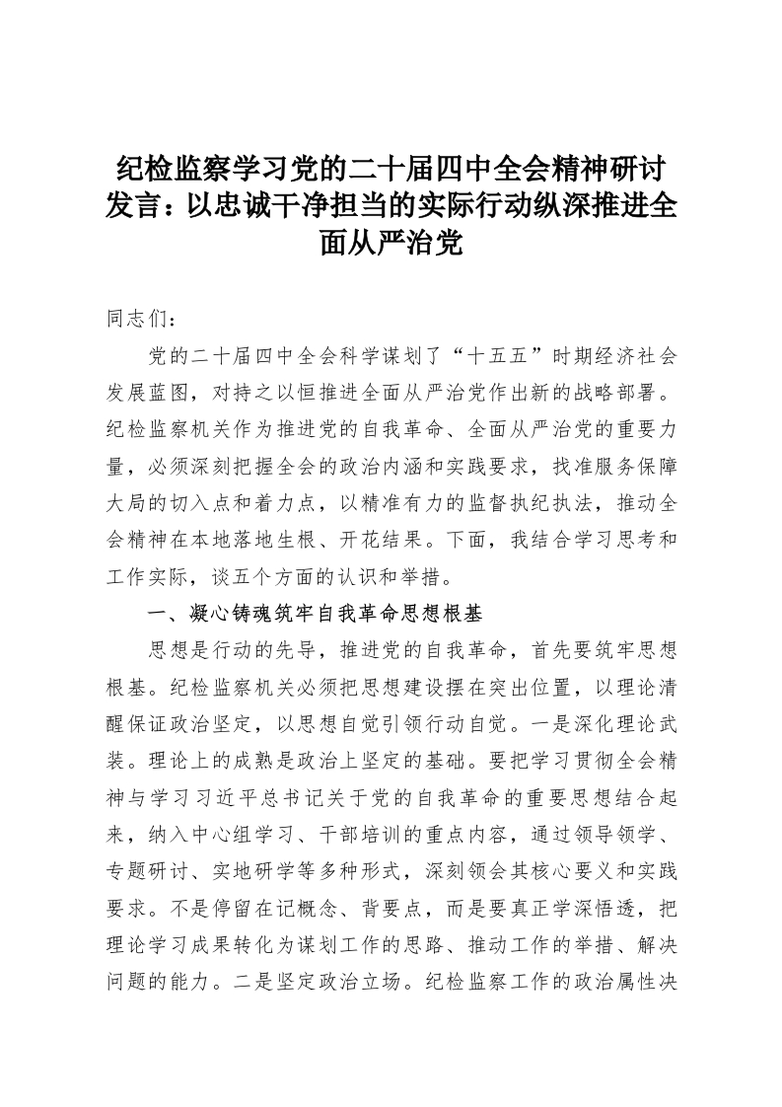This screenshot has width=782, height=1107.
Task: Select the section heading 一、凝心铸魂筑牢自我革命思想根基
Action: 314,613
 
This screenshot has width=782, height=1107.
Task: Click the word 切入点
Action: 231,502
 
